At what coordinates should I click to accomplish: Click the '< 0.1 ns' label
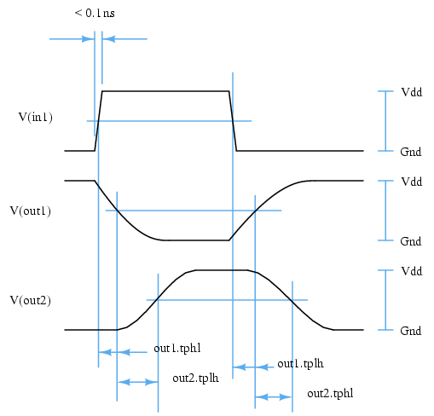pyautogui.click(x=95, y=13)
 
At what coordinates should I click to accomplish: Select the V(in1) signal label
pyautogui.click(x=36, y=117)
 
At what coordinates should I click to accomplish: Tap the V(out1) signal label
pyautogui.click(x=31, y=211)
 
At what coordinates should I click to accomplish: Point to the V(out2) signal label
pyautogui.click(x=31, y=300)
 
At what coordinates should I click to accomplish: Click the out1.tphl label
pyautogui.click(x=177, y=349)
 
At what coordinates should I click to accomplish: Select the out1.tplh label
pyautogui.click(x=300, y=364)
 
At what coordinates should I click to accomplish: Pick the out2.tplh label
pyautogui.click(x=195, y=378)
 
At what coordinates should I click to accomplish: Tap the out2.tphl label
pyautogui.click(x=330, y=394)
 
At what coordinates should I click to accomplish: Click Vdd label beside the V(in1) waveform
pyautogui.click(x=412, y=92)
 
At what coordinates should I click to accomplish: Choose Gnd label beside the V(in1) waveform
pyautogui.click(x=411, y=152)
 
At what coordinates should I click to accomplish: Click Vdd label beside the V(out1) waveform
pyautogui.click(x=412, y=182)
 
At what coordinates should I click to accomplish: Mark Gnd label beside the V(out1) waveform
pyautogui.click(x=411, y=241)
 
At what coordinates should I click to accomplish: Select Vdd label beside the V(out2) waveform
pyautogui.click(x=412, y=271)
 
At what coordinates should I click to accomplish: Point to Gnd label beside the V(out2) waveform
pyautogui.click(x=411, y=331)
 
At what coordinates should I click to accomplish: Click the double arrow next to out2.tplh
pyautogui.click(x=137, y=382)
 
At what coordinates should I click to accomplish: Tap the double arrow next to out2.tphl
pyautogui.click(x=274, y=397)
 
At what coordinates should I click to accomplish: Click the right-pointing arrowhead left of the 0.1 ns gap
pyautogui.click(x=88, y=39)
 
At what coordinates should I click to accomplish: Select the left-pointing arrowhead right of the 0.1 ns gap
pyautogui.click(x=108, y=39)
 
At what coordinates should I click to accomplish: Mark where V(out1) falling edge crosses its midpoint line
pyautogui.click(x=117, y=211)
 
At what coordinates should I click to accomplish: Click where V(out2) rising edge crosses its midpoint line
pyautogui.click(x=158, y=300)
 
